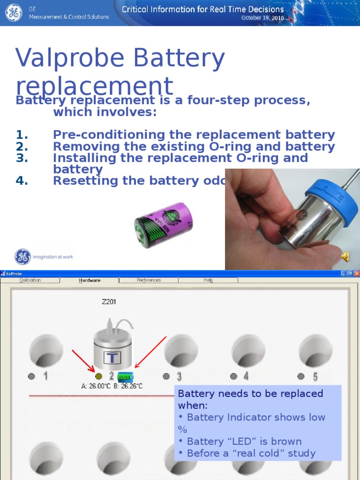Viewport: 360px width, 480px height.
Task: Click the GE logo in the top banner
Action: [x=14, y=13]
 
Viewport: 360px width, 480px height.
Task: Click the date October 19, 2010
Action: [x=262, y=18]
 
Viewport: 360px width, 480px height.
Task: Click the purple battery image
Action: [x=164, y=225]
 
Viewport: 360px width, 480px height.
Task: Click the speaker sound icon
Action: [x=345, y=256]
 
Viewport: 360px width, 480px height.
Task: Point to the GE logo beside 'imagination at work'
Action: [x=22, y=257]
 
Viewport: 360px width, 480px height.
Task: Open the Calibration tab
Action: [x=30, y=280]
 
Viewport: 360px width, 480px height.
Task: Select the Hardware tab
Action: [x=89, y=280]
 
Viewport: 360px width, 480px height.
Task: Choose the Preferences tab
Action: [x=149, y=280]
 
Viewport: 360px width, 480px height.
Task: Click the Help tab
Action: [x=208, y=280]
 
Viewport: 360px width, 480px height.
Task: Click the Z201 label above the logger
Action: [x=109, y=302]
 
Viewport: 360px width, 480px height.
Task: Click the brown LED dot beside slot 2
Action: [x=98, y=376]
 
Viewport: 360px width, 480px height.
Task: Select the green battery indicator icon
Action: [x=125, y=376]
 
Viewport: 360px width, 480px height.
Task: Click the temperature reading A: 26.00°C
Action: [x=96, y=386]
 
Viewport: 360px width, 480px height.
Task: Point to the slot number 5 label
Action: [x=315, y=376]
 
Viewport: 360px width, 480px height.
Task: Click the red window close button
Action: [x=357, y=273]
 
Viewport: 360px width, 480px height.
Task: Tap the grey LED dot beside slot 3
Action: [x=166, y=376]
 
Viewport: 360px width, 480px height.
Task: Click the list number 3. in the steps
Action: [x=22, y=158]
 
